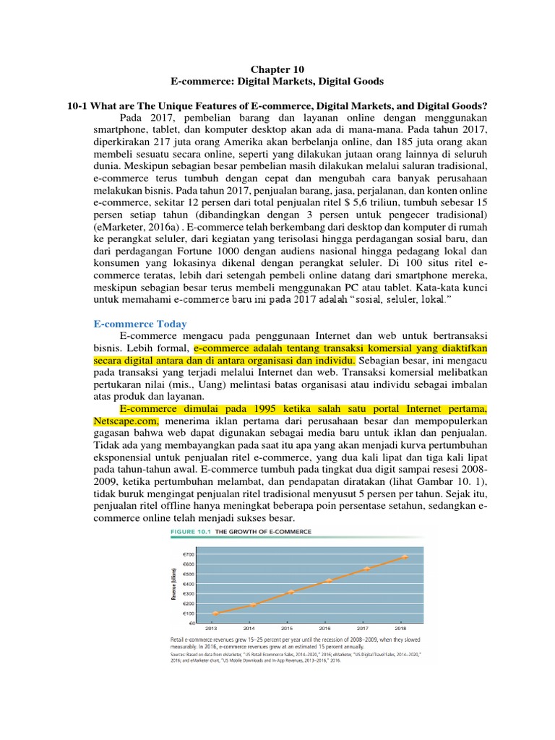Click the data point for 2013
click(215, 614)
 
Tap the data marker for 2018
click(405, 557)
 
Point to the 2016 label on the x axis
click(329, 629)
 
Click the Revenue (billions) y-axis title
click(173, 585)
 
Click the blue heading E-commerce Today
click(140, 324)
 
